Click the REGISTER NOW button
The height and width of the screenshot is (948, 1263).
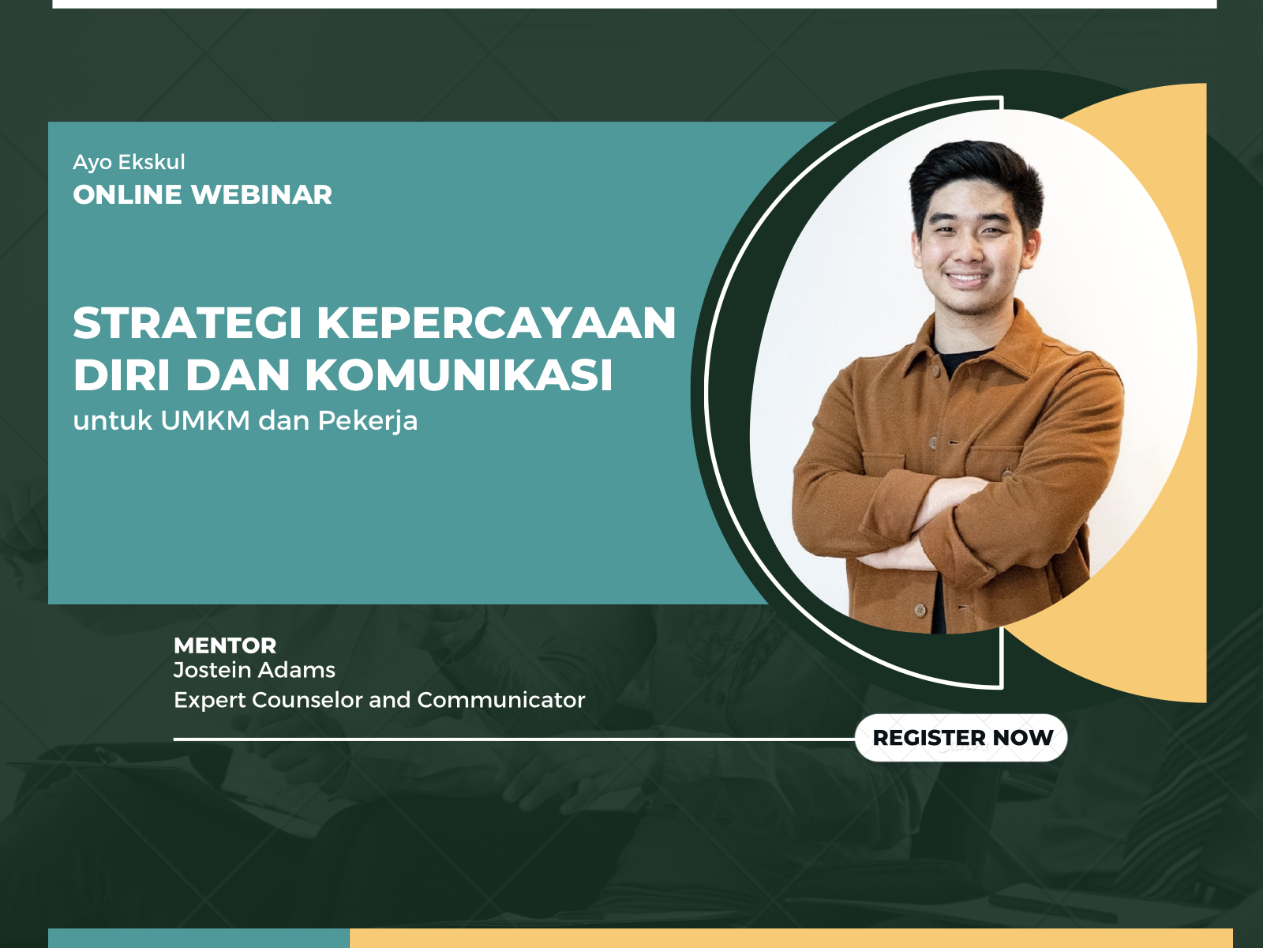pos(961,737)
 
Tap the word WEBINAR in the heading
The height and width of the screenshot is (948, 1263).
pos(262,194)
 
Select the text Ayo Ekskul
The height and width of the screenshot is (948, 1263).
pos(129,163)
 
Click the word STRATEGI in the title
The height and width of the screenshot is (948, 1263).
pos(188,323)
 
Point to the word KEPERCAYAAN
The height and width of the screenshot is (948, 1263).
pos(497,323)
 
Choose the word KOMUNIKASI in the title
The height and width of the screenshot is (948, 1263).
pos(459,375)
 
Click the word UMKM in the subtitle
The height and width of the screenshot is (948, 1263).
pos(205,421)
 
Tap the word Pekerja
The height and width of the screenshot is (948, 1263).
pos(368,422)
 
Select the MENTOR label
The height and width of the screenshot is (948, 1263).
pos(225,645)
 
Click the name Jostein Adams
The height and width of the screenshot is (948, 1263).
pos(254,670)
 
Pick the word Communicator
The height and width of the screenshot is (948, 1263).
pos(501,700)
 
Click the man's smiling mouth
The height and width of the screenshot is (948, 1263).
pos(967,280)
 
